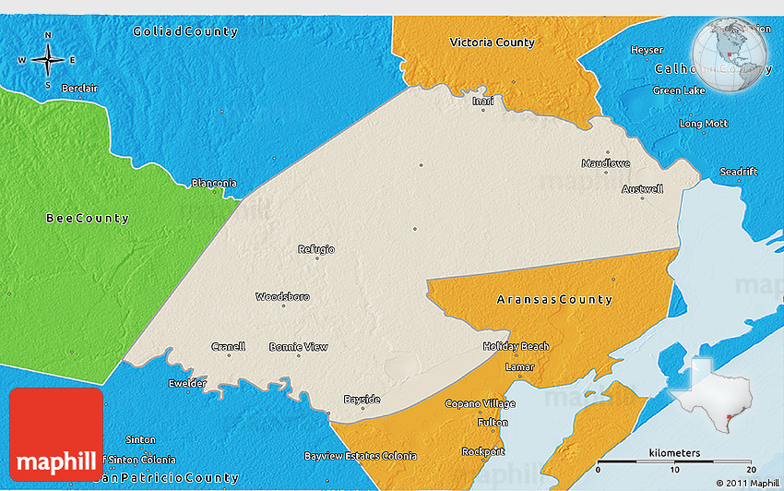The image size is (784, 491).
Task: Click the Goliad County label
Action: (x=184, y=31)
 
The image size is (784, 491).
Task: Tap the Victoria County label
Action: (x=492, y=42)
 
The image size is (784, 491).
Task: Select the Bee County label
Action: (x=88, y=219)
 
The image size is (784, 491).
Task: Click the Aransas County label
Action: (x=553, y=300)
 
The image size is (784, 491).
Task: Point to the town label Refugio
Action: (x=316, y=249)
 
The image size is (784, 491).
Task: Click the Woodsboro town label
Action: (x=282, y=297)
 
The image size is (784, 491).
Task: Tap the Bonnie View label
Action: (x=298, y=347)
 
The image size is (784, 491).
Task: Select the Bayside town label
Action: (x=362, y=400)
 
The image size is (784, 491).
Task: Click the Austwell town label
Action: (x=642, y=189)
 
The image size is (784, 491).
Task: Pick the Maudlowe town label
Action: (x=606, y=163)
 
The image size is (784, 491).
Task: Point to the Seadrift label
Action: (x=739, y=172)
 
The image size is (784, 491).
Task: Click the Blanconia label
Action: (x=214, y=183)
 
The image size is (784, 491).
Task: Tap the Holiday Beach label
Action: (x=516, y=347)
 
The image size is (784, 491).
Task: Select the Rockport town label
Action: (x=484, y=451)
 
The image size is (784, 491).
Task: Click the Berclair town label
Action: (x=79, y=89)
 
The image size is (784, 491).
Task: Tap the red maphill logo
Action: (x=56, y=434)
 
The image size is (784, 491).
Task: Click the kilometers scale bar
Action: (x=674, y=460)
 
